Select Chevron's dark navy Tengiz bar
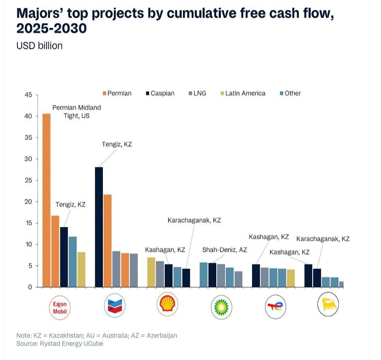point(99,227)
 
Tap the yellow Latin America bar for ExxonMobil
point(81,269)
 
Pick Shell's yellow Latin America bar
point(151,272)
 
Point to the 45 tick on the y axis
point(28,95)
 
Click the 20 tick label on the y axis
point(28,202)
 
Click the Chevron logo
point(115,306)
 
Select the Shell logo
point(167,304)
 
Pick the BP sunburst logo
point(221,307)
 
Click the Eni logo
point(328,304)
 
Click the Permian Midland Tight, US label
point(77,112)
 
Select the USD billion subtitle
point(39,45)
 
